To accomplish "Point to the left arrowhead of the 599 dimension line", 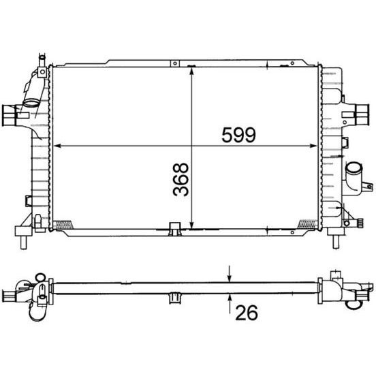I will (x=57, y=146).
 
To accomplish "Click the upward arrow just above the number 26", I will (x=230, y=299).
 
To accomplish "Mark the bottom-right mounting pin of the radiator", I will (x=335, y=240).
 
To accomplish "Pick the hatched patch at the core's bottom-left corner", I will (x=62, y=222).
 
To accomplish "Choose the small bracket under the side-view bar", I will (x=174, y=297).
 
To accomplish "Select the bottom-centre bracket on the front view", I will (x=174, y=226).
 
